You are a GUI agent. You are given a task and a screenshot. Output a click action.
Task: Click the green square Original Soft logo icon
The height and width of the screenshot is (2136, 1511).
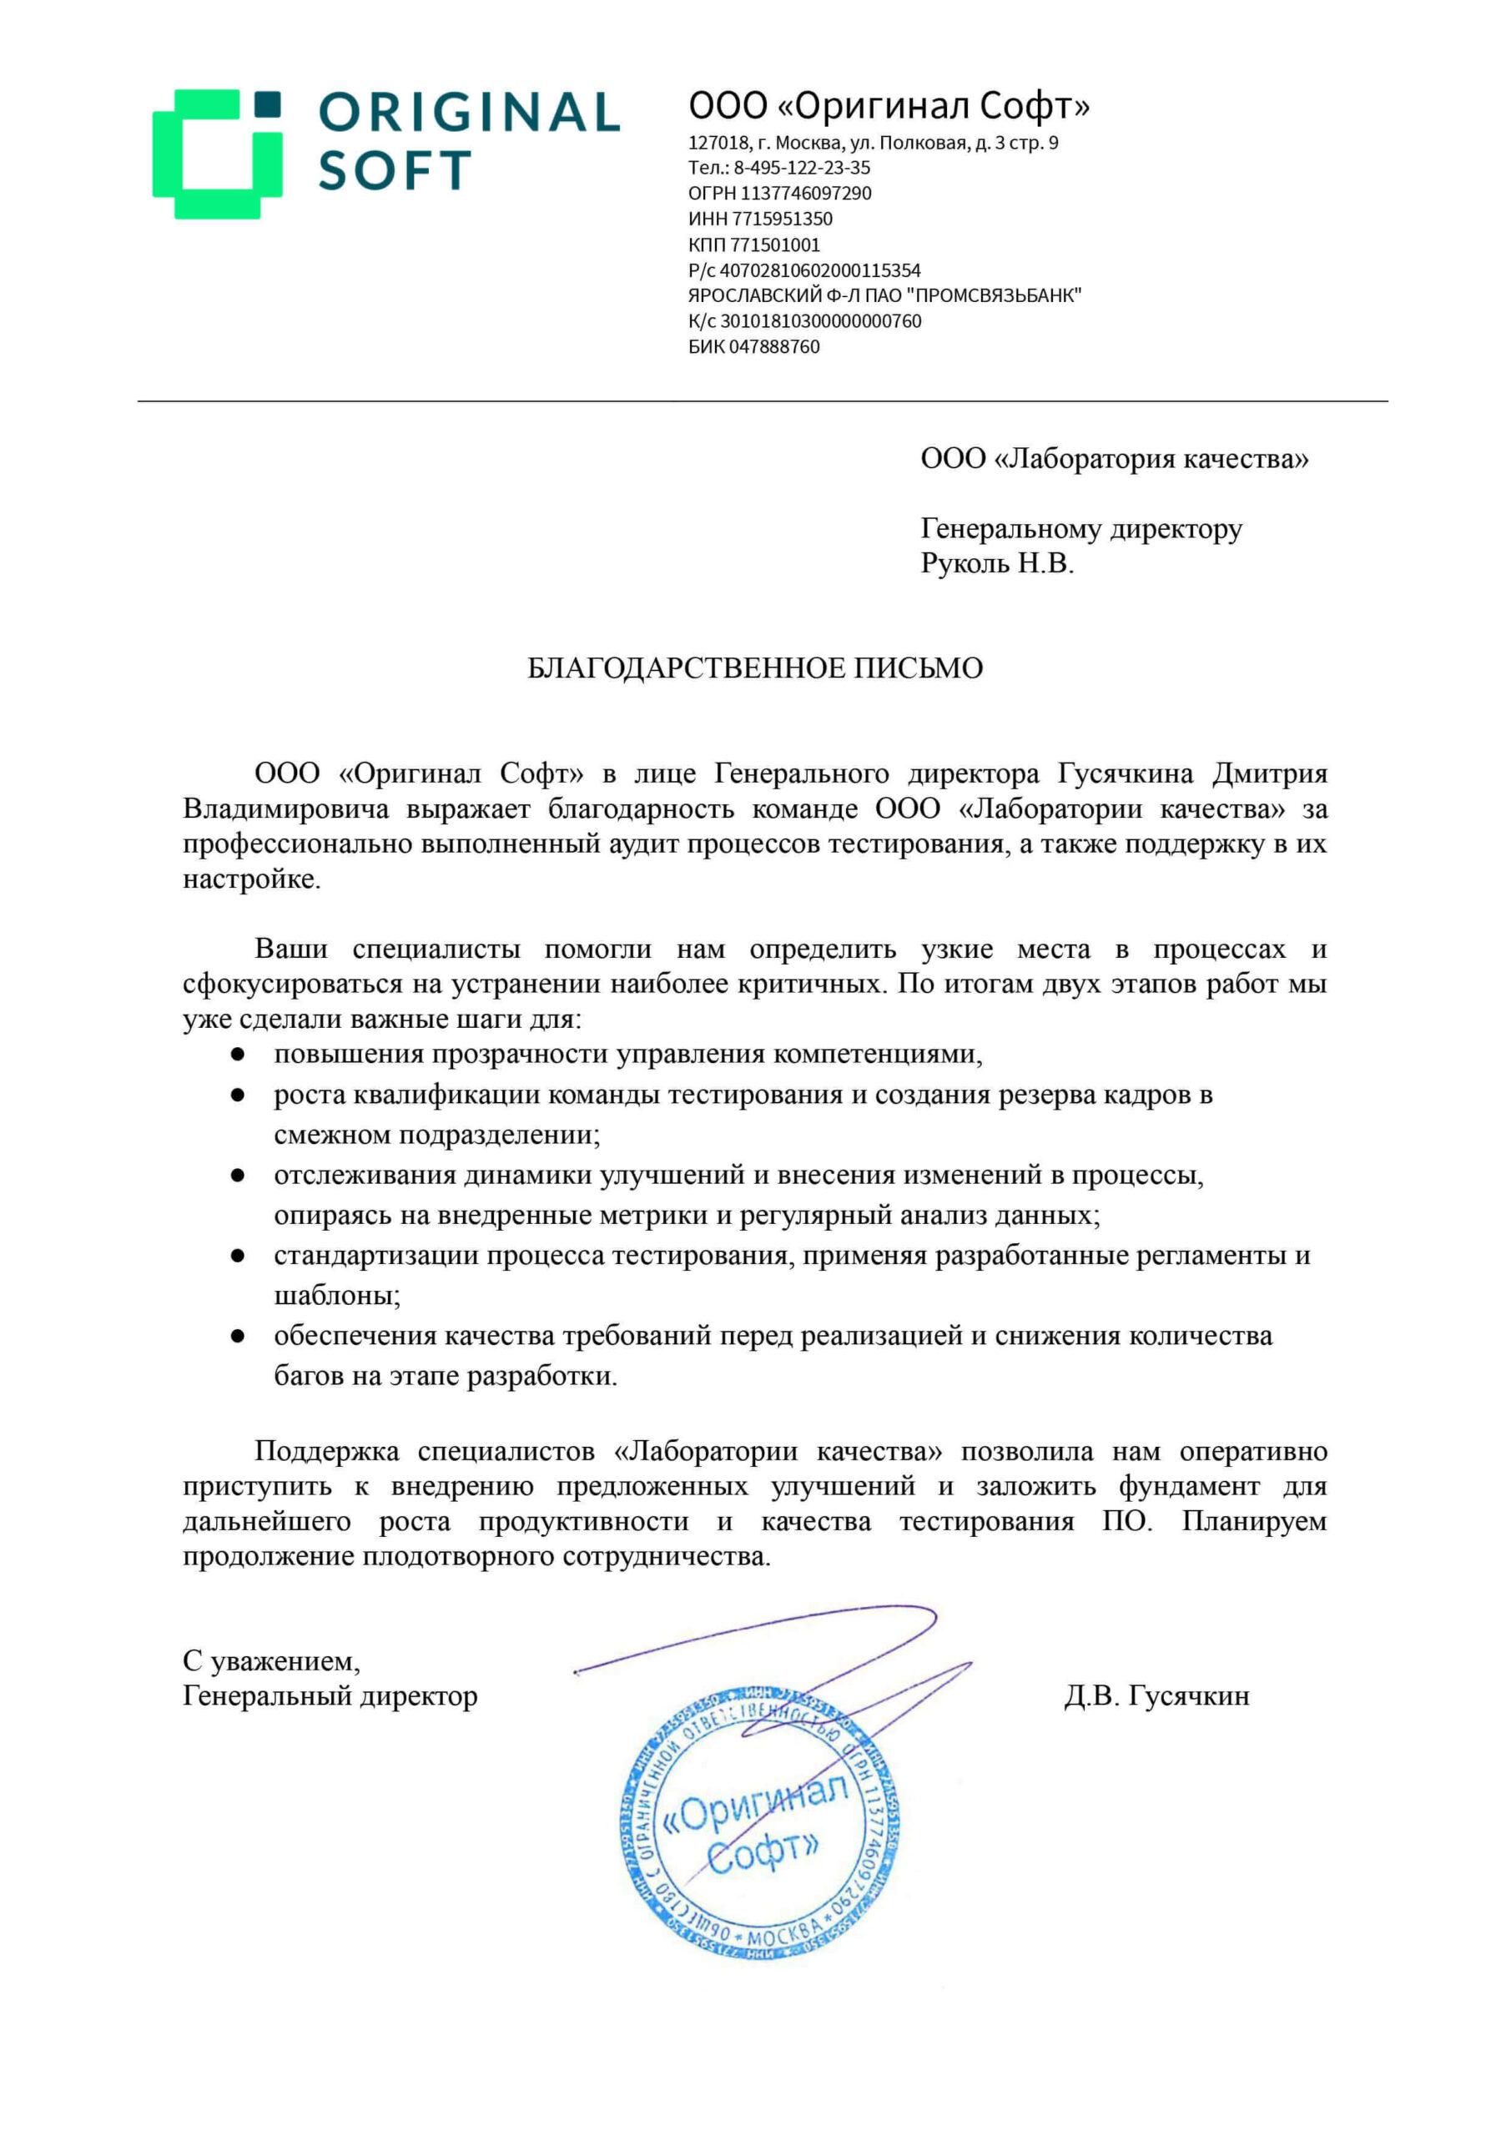[217, 154]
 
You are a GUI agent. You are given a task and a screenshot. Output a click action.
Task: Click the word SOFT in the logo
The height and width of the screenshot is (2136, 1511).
[395, 171]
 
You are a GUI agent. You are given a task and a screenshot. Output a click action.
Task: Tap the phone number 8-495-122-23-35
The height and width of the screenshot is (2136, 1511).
[801, 169]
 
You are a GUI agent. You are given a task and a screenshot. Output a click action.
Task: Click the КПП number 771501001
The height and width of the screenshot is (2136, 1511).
[775, 245]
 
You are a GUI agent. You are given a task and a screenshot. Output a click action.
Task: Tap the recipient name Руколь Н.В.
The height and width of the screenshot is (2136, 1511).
[996, 564]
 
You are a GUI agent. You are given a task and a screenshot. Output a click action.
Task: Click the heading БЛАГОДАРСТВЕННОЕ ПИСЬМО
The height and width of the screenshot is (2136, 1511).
[754, 668]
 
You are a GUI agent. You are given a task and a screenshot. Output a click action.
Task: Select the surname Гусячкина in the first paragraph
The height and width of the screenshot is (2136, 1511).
[1125, 773]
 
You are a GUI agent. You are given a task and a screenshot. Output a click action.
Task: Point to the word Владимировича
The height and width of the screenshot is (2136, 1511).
[285, 809]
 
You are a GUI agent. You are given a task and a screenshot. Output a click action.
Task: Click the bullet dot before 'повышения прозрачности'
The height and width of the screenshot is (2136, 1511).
[238, 1054]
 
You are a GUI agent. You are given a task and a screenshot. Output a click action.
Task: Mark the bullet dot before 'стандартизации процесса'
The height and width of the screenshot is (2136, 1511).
[238, 1256]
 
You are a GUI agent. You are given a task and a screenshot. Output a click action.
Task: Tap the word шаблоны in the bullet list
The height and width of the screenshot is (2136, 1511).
[337, 1295]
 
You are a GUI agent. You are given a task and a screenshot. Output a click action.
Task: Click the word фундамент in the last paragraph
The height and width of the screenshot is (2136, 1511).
[1189, 1486]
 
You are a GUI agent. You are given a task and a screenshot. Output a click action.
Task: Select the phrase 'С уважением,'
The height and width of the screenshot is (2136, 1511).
[272, 1660]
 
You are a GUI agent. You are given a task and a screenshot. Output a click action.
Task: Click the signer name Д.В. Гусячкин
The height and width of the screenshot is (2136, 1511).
[1156, 1696]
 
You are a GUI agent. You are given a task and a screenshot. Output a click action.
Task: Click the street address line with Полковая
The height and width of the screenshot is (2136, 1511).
[873, 144]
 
